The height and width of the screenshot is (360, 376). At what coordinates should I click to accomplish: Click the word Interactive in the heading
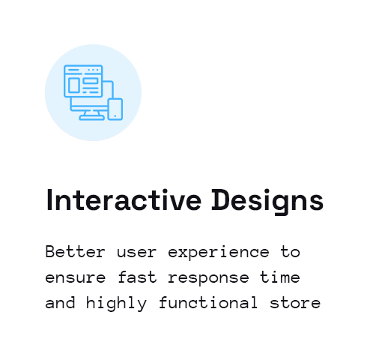tap(124, 201)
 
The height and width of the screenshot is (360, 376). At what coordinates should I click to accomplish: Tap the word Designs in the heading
tap(267, 202)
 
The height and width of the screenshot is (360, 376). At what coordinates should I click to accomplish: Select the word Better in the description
tap(75, 252)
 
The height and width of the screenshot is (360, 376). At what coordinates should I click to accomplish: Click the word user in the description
tap(136, 253)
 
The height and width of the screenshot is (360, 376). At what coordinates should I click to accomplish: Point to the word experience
tap(219, 253)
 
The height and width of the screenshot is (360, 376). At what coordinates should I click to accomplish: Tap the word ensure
tap(76, 278)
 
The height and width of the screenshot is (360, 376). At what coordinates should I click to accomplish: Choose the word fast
tap(137, 277)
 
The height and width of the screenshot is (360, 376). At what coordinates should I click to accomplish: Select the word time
tap(280, 277)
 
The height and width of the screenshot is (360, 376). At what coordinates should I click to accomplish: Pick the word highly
tap(116, 304)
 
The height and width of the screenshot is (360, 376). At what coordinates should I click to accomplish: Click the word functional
tap(208, 302)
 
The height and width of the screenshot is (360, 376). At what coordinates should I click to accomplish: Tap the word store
tap(295, 302)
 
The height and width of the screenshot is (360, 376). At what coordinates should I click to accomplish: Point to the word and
tap(60, 302)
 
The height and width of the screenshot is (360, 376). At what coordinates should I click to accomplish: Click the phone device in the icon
tap(115, 109)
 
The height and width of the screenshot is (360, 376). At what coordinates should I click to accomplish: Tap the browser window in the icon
tap(83, 81)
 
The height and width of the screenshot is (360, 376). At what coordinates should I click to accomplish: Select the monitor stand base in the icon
tap(91, 118)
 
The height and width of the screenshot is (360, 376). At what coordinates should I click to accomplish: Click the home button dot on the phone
tap(115, 116)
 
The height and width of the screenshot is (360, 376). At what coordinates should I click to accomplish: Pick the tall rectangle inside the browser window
tap(74, 85)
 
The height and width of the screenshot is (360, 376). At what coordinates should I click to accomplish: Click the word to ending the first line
tap(290, 252)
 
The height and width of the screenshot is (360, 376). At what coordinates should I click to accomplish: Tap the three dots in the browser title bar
tap(93, 70)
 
